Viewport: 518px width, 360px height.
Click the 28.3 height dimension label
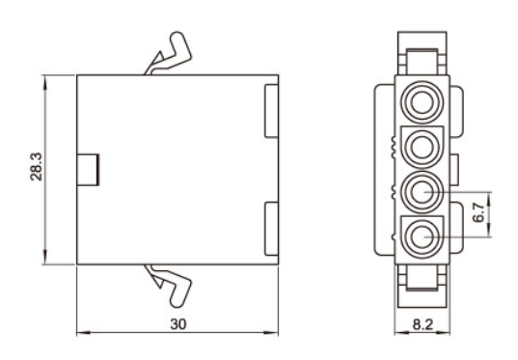tap(36, 167)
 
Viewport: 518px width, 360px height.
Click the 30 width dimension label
tap(178, 324)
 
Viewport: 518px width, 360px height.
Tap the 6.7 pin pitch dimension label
tap(478, 212)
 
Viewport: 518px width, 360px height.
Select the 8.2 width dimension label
tap(423, 324)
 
